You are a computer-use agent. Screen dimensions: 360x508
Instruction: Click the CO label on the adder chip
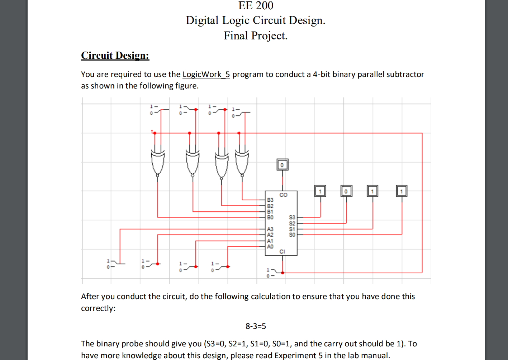(283, 195)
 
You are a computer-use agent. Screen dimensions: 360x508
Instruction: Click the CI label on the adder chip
(282, 251)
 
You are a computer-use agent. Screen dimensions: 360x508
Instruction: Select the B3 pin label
(270, 200)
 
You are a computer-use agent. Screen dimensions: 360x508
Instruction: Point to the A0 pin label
(270, 246)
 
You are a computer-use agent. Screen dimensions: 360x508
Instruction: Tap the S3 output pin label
(292, 217)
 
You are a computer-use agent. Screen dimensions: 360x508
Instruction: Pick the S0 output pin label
(292, 235)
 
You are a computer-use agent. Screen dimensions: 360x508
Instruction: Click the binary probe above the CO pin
(282, 165)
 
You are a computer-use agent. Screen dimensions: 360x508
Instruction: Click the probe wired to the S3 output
(320, 191)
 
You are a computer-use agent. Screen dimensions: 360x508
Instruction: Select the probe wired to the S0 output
(402, 191)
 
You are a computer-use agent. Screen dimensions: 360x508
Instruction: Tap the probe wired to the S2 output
(346, 191)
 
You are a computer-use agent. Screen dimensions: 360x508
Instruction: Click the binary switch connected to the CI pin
(273, 273)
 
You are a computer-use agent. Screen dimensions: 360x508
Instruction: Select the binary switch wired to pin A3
(115, 264)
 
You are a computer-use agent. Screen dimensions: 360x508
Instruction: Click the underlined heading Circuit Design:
(115, 56)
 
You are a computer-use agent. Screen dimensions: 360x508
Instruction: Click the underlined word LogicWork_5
(206, 75)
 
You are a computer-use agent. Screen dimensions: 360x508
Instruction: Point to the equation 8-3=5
(256, 326)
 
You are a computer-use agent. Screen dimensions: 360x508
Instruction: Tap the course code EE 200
(256, 6)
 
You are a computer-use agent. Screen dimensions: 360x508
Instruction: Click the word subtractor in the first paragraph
(405, 75)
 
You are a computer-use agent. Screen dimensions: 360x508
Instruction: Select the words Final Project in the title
(255, 36)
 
